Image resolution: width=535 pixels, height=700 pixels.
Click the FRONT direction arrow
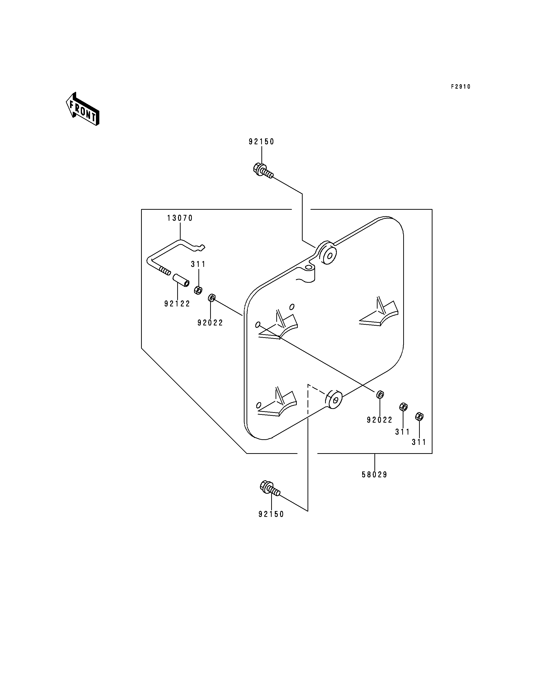82,109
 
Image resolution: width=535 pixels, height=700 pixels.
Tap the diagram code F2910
461,87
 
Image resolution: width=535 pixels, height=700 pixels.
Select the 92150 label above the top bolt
261,142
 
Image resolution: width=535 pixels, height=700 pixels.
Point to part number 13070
180,218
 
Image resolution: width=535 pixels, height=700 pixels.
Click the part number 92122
177,304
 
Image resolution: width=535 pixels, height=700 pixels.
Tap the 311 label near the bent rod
198,264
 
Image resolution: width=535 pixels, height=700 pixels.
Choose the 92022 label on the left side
210,323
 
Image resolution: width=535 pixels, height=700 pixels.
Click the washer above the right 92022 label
380,395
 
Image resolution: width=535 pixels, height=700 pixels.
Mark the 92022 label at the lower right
380,420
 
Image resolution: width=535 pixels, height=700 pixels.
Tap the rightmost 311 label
419,442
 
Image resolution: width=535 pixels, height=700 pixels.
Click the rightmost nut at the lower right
419,417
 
